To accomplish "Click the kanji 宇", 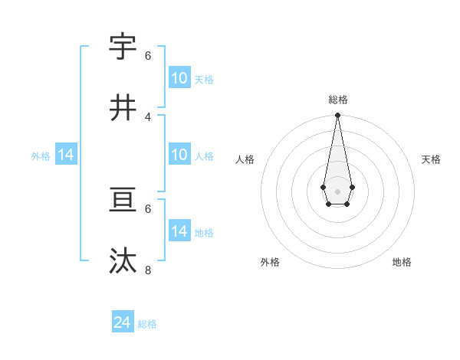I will point(123,47).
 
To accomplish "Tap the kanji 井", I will point(123,108).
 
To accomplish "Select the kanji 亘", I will point(123,200).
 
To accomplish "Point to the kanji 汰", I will point(123,261).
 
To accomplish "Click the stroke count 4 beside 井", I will point(148,117).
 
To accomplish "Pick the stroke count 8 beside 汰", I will point(148,270).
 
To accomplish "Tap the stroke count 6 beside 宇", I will point(148,56).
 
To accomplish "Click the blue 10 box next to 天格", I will point(179,77).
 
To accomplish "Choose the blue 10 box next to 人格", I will point(179,155).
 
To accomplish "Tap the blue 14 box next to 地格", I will point(179,231).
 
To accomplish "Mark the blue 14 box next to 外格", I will point(66,155).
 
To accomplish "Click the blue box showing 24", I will point(123,322).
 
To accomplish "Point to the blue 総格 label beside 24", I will point(148,324).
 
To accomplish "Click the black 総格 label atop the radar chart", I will point(338,100).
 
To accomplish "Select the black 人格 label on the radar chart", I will point(245,159).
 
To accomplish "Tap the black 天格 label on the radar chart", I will point(432,159).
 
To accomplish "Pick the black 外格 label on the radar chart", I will point(270,262).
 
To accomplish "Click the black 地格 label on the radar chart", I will point(402,262).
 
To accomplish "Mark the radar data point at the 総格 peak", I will point(337,116).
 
